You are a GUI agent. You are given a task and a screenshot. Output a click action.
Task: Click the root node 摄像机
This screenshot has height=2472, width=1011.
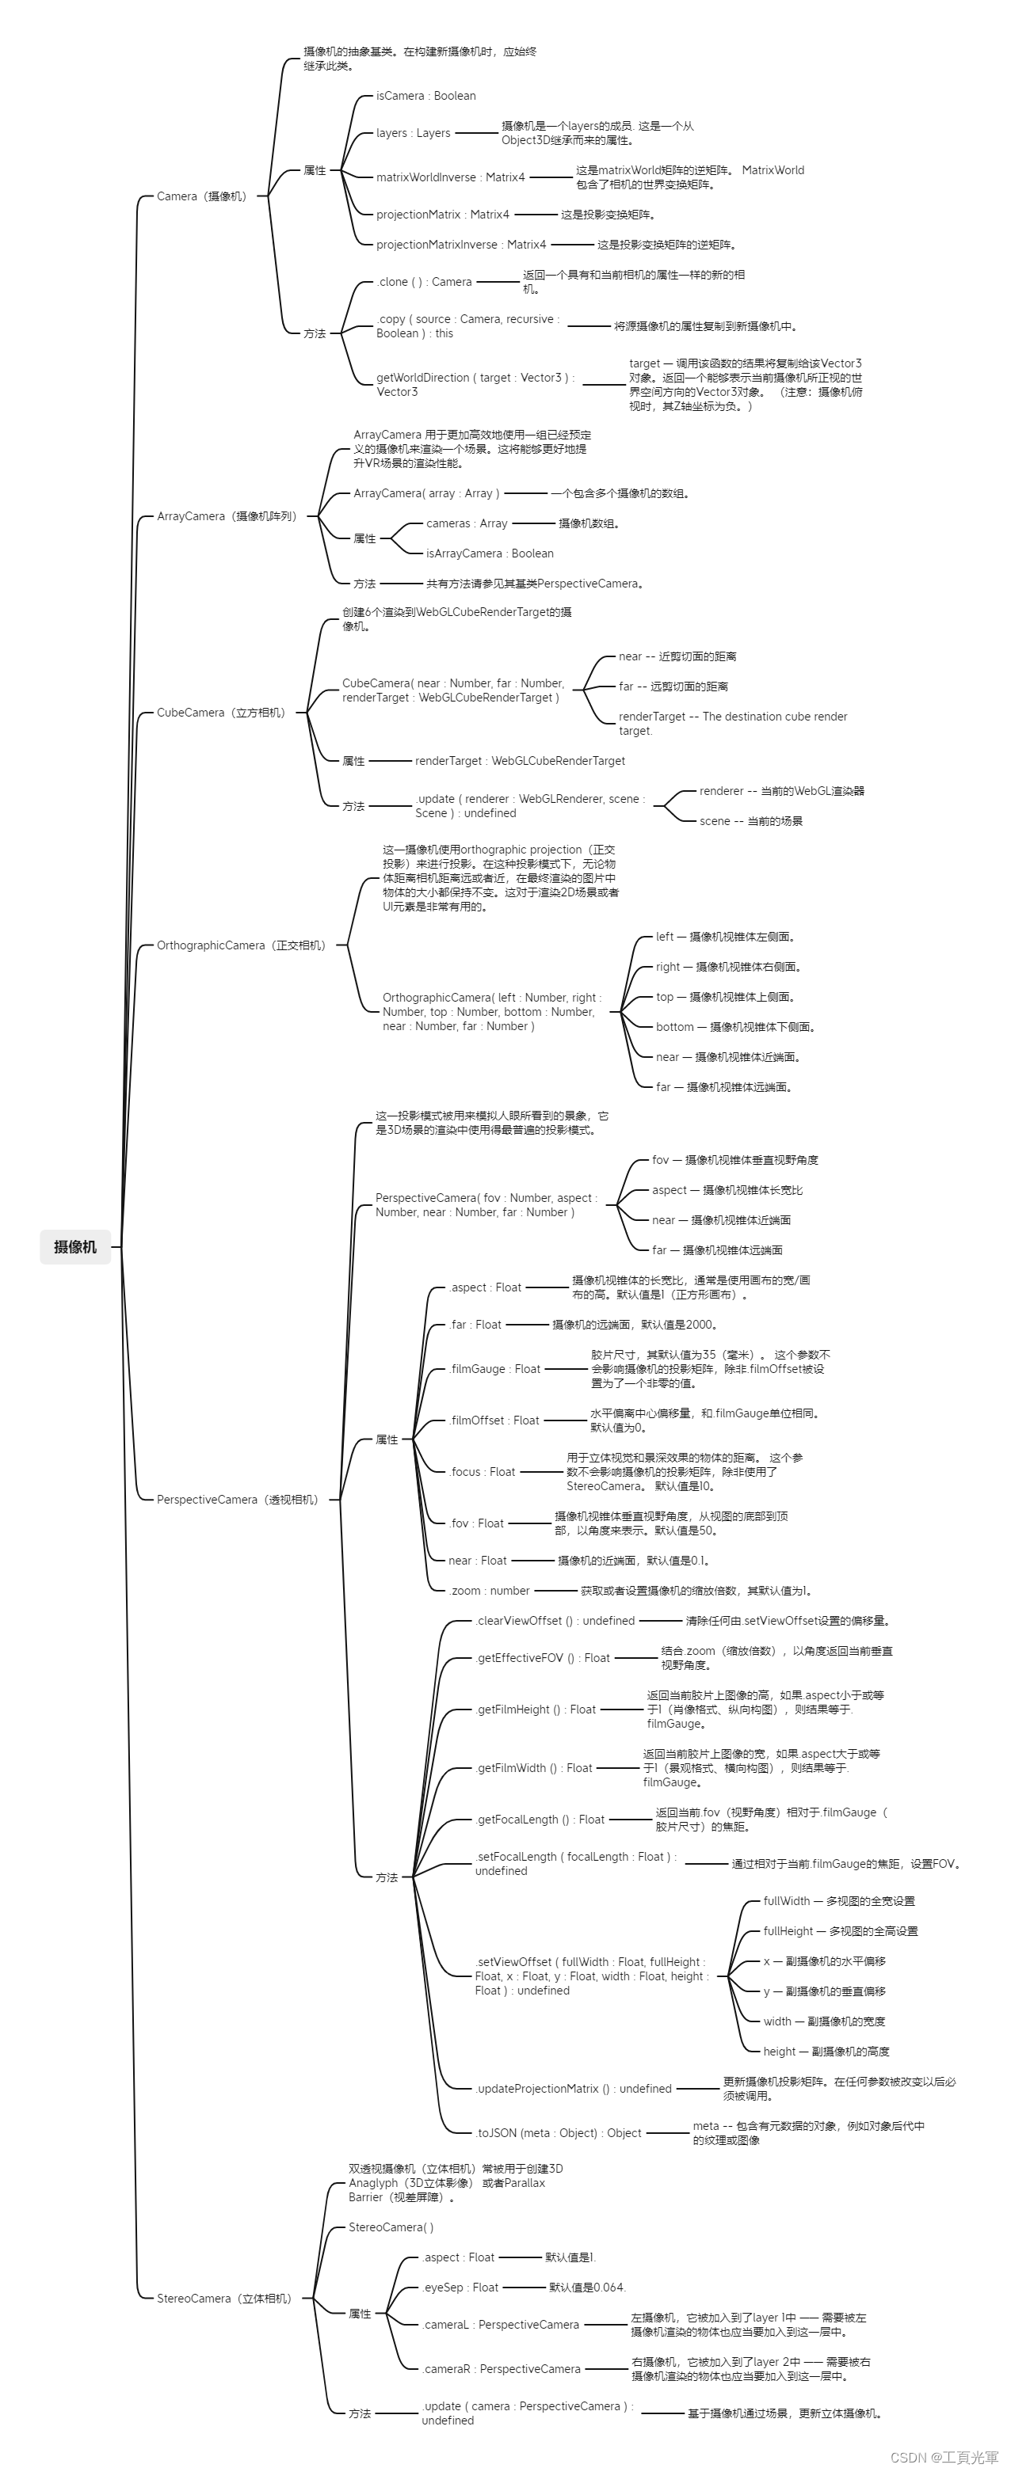coord(75,1246)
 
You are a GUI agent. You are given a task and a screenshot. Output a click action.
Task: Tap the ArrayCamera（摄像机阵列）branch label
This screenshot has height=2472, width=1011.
coord(227,516)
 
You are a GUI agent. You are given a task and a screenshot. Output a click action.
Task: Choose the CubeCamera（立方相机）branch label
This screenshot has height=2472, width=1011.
coord(222,713)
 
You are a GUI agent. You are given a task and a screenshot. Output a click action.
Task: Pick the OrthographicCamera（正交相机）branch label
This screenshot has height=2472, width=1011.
coord(242,945)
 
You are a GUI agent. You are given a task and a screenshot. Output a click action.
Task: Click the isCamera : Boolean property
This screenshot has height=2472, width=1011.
coord(425,96)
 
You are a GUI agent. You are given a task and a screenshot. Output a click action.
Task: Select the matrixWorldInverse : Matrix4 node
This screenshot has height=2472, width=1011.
coord(450,177)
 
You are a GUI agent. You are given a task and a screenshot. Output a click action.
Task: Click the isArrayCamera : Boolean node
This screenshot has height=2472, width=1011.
coord(490,553)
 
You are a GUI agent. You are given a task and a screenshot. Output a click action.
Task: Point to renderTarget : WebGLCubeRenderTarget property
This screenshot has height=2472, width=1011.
coord(520,761)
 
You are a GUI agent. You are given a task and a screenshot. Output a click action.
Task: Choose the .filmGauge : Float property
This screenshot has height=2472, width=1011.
coord(494,1369)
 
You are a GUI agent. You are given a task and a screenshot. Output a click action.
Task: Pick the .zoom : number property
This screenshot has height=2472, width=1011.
coord(489,1591)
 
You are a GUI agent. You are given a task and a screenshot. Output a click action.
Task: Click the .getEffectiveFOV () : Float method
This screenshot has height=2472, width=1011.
coord(543,1658)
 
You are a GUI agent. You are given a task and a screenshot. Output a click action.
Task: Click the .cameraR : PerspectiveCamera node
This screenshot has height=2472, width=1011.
coord(502,2369)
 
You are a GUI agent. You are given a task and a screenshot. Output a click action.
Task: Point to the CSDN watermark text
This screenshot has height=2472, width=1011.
coord(944,2458)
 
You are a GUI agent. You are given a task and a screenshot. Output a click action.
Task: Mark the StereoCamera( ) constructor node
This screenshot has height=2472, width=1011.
coord(391,2227)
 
